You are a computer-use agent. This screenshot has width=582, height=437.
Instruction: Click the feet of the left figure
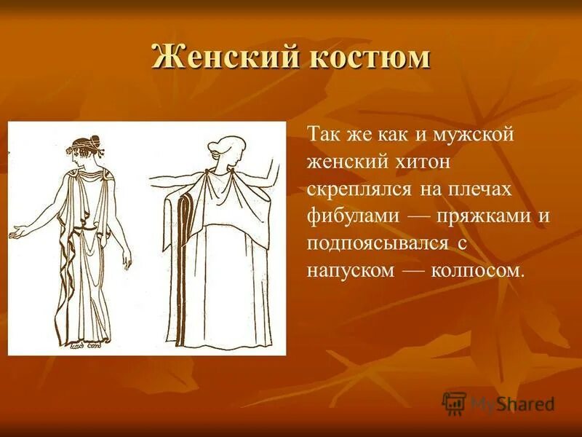tap(87, 342)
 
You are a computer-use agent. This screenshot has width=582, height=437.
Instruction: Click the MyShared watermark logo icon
tap(455, 403)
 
